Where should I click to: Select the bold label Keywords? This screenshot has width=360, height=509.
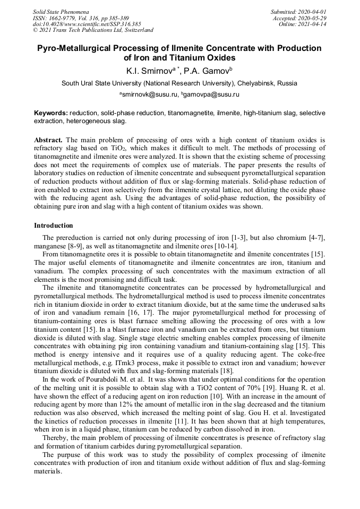51,113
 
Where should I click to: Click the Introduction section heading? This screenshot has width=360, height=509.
54,226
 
